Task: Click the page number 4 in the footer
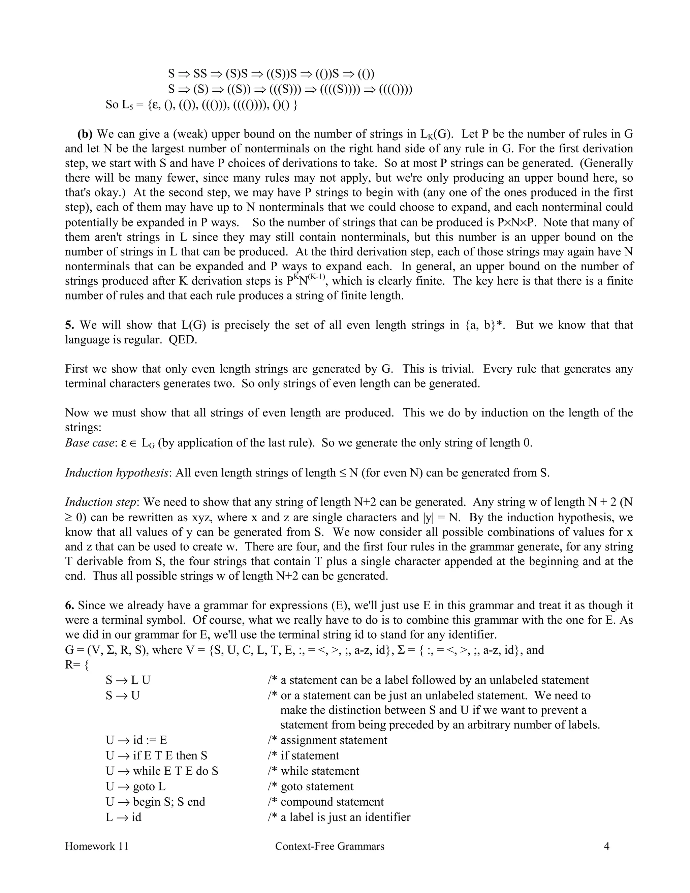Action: tap(606, 846)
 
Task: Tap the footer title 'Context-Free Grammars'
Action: tap(330, 846)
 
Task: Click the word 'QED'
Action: tap(182, 340)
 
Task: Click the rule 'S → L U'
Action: tap(128, 680)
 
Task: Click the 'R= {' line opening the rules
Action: tap(76, 665)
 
